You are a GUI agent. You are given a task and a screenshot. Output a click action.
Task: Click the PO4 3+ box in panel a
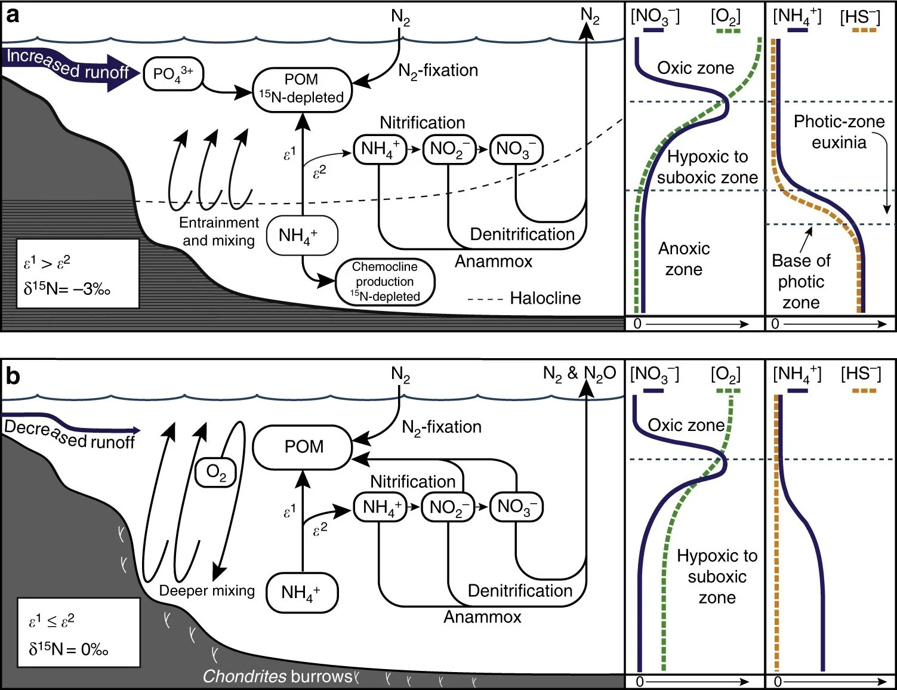(173, 74)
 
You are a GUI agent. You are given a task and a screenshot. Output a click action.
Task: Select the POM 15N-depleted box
(301, 89)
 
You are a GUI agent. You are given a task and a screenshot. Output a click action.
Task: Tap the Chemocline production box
(385, 281)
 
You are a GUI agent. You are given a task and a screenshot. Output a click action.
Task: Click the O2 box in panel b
(216, 473)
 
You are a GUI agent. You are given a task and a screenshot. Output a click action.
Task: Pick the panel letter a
(12, 15)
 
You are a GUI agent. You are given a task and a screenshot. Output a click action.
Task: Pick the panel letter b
(12, 376)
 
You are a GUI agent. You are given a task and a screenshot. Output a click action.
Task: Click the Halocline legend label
(545, 298)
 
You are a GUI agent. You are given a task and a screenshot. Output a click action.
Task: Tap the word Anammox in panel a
(494, 261)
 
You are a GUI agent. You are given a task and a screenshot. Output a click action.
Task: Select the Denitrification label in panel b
(520, 590)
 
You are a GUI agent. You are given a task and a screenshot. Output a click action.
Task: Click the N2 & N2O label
(579, 374)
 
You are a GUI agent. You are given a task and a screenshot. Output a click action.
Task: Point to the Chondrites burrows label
(278, 676)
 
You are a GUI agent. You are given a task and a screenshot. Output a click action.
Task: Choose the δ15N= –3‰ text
(67, 289)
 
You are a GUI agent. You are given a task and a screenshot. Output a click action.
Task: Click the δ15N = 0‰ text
(69, 649)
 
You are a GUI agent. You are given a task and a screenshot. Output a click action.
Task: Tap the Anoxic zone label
(684, 259)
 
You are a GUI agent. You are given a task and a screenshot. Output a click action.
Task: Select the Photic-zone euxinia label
(839, 132)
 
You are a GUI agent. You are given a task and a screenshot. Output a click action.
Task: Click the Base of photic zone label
(801, 281)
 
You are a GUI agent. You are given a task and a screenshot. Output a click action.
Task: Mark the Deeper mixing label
(206, 590)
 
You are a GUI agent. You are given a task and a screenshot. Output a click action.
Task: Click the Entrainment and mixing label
(219, 232)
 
